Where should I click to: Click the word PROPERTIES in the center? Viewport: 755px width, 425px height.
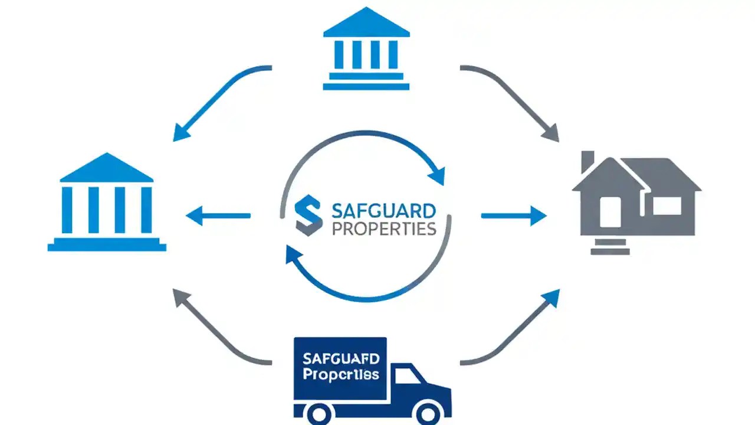pos(384,228)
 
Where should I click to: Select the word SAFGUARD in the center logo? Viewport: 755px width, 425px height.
pos(384,210)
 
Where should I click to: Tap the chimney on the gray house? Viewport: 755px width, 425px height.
pos(587,162)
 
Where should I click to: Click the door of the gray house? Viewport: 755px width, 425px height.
pos(610,212)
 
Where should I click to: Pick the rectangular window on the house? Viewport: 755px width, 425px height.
pos(667,205)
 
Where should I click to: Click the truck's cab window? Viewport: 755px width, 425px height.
pos(407,375)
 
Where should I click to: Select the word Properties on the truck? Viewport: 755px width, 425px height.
pos(340,375)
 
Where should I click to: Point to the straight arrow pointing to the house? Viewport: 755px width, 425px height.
pos(513,216)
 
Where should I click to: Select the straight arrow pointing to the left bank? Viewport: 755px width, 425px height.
pos(218,216)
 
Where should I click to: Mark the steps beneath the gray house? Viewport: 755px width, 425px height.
pos(610,246)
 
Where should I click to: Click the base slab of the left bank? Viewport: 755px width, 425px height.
pos(107,246)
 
